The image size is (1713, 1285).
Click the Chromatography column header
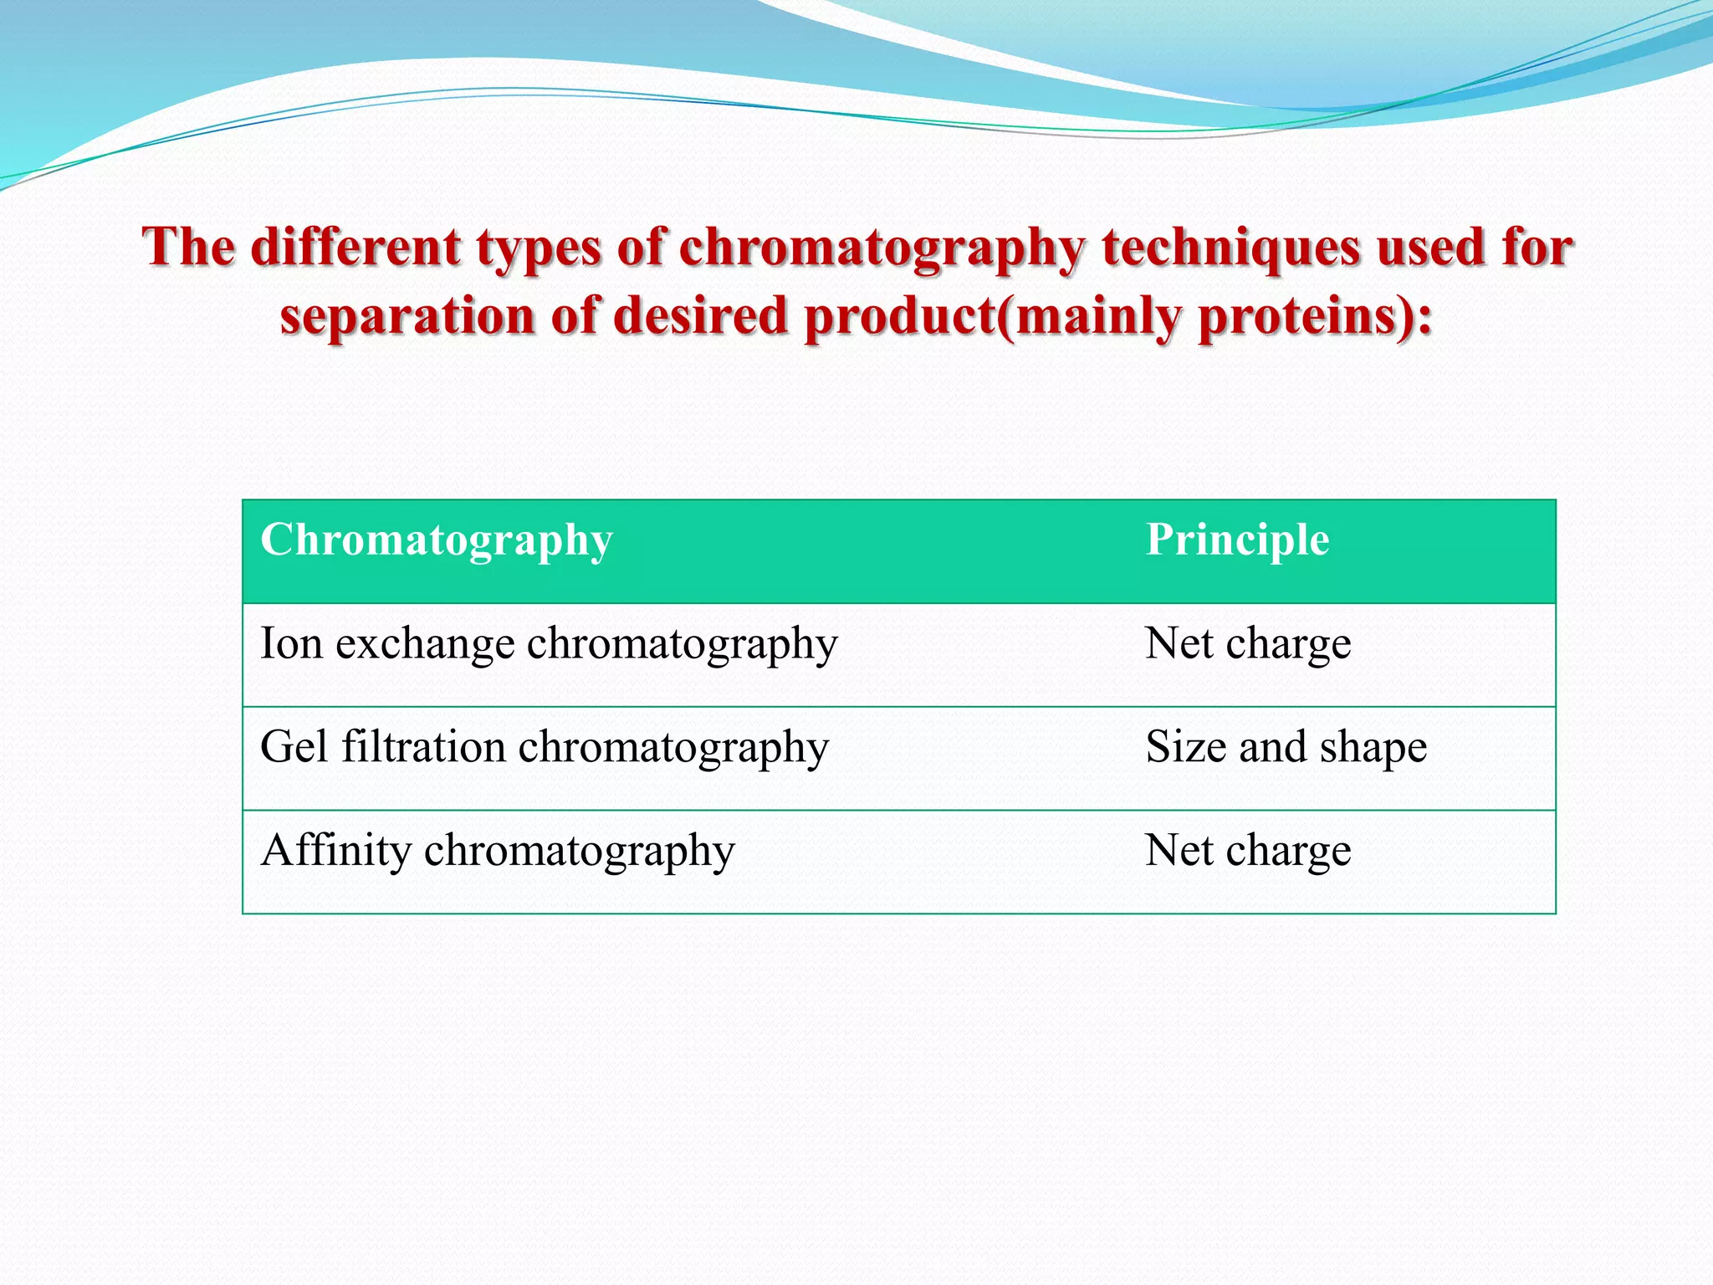pyautogui.click(x=437, y=540)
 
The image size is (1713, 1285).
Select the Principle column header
pyautogui.click(x=1237, y=540)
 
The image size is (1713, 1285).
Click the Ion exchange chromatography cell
pyautogui.click(x=549, y=644)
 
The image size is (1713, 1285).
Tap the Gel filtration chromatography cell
pyautogui.click(x=545, y=747)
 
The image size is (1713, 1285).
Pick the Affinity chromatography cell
pyautogui.click(x=498, y=851)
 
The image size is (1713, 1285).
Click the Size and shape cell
pyautogui.click(x=1286, y=747)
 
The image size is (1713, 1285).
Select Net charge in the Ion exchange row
pyautogui.click(x=1247, y=644)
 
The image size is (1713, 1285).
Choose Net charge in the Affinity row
pyautogui.click(x=1247, y=851)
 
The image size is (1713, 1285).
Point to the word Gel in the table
pyautogui.click(x=294, y=747)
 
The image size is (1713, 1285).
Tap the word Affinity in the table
pyautogui.click(x=335, y=851)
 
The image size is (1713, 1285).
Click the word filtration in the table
pyautogui.click(x=423, y=747)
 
